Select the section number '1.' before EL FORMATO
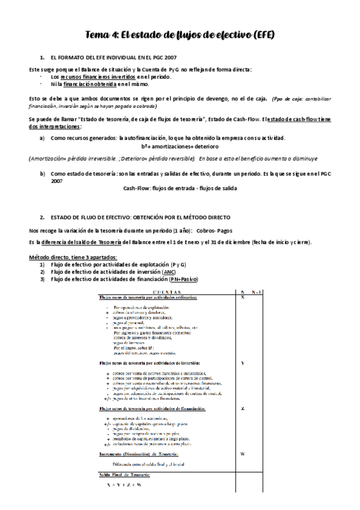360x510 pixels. [x=43, y=58]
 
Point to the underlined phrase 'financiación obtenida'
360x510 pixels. [x=90, y=84]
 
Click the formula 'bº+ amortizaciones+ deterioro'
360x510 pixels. [x=180, y=146]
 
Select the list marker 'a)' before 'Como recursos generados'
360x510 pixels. [x=43, y=138]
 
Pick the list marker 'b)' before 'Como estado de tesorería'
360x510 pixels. [x=43, y=173]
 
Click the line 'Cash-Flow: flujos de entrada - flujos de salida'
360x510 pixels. [x=180, y=188]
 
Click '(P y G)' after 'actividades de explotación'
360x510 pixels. [x=178, y=265]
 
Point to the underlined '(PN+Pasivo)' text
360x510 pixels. [x=183, y=279]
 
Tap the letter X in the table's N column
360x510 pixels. [x=242, y=298]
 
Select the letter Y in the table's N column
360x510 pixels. [x=242, y=363]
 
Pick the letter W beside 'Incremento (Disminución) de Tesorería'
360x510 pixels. [x=242, y=453]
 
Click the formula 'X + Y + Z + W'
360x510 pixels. [x=124, y=484]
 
